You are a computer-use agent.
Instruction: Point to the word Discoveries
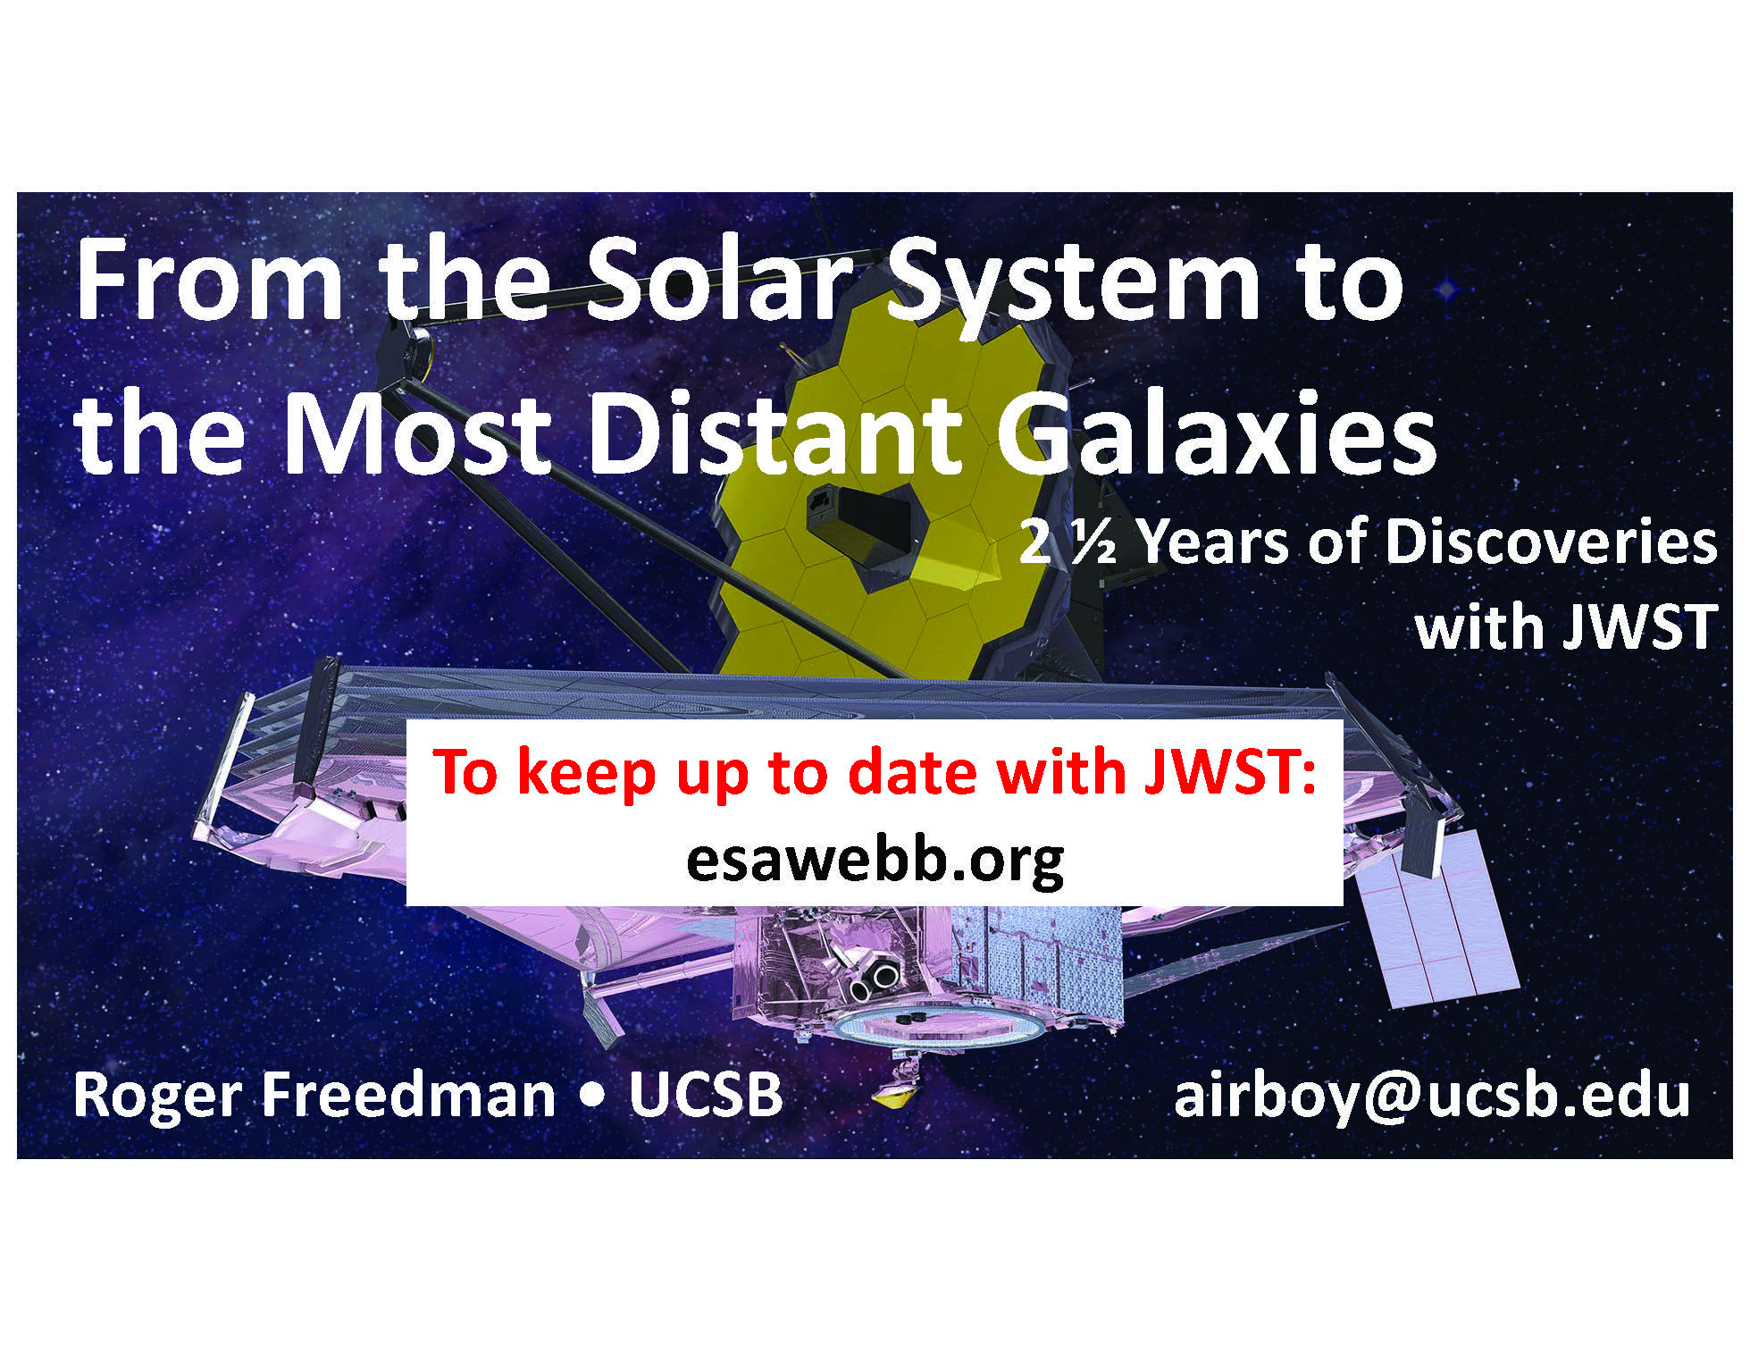point(1551,542)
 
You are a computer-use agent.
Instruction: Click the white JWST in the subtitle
point(1639,626)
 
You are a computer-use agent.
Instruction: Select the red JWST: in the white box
point(1229,772)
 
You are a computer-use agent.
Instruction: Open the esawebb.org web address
point(875,859)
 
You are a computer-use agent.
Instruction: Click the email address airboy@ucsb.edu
point(1432,1095)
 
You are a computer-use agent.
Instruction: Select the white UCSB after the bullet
point(706,1095)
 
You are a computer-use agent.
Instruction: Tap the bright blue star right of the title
point(1447,288)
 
